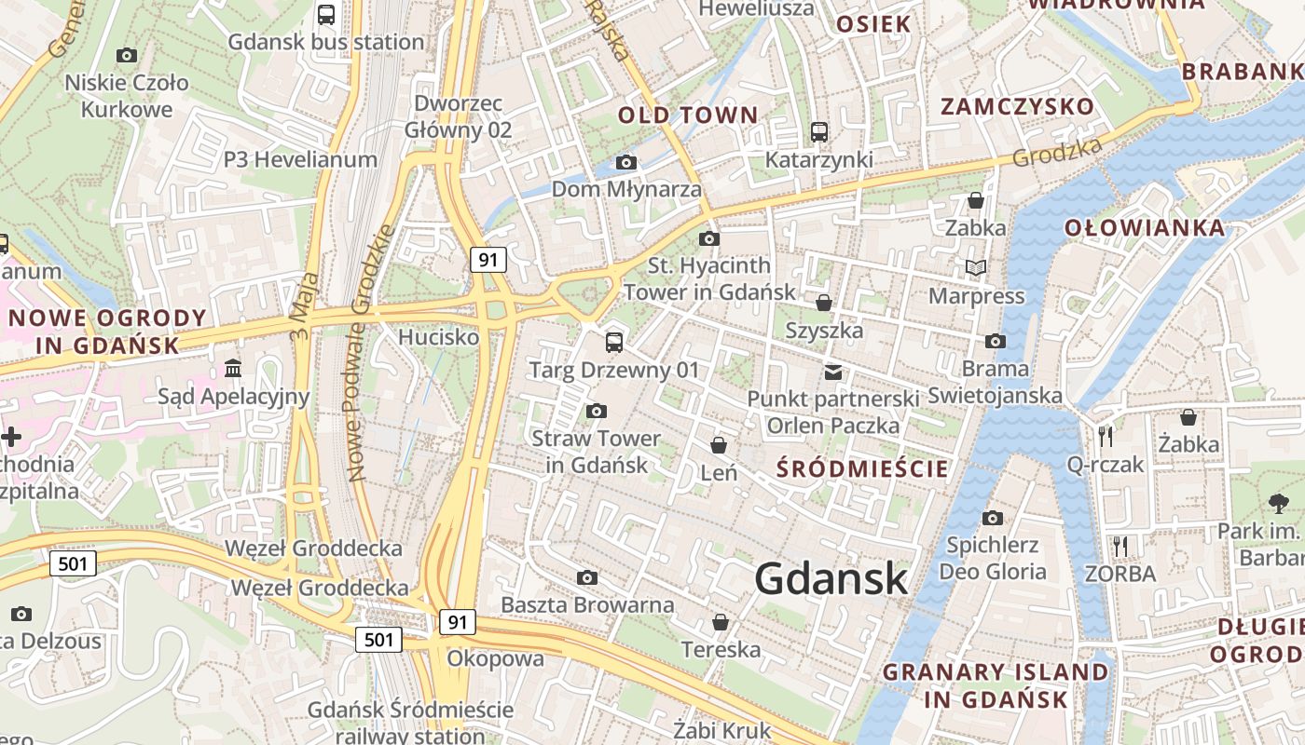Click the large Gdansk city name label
(831, 578)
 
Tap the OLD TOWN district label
(688, 115)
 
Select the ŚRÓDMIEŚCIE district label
(862, 468)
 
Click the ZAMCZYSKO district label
(1017, 106)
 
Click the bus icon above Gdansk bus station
(326, 15)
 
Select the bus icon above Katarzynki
(819, 132)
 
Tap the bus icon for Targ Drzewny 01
(614, 343)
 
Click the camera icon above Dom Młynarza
(626, 163)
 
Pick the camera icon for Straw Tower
(597, 411)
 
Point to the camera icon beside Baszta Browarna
(587, 578)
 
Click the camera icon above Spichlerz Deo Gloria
(993, 518)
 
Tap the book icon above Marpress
(976, 268)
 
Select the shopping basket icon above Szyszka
(824, 303)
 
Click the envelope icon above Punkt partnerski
(833, 372)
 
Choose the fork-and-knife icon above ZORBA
(1120, 546)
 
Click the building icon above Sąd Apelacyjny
(233, 370)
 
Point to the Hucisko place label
(438, 337)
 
